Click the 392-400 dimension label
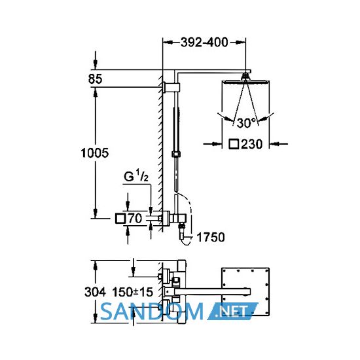tap(204, 43)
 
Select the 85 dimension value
tap(95, 79)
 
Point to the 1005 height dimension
tap(95, 153)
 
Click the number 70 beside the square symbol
tap(135, 219)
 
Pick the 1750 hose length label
tap(211, 237)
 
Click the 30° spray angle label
tap(246, 123)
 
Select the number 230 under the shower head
tap(251, 144)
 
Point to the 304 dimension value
tap(95, 293)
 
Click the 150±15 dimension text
tap(132, 293)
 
